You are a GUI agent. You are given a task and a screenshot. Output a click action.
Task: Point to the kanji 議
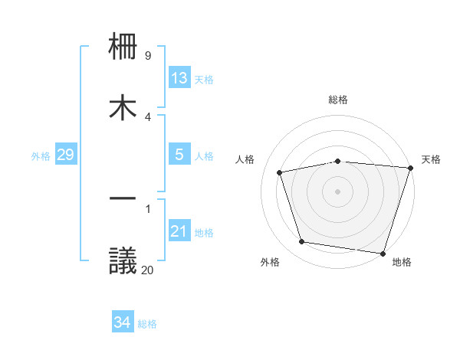(123, 260)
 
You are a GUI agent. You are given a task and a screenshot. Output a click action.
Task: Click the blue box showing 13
(179, 78)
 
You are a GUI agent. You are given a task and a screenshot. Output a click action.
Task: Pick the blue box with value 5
(179, 155)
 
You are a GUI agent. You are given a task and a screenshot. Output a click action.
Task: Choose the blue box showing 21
(179, 231)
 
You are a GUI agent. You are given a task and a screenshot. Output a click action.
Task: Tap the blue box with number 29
(65, 155)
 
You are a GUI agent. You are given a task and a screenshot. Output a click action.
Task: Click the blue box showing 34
(123, 322)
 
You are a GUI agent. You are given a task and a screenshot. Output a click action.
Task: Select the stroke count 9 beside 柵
(148, 56)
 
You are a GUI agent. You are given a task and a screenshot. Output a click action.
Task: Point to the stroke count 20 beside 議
(147, 270)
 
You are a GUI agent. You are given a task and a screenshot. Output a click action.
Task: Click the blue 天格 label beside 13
(204, 80)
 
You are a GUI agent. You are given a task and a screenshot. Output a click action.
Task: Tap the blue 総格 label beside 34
(147, 324)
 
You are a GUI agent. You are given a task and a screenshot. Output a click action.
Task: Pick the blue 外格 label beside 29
(41, 156)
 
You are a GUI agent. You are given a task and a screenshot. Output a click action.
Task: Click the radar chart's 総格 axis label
(338, 100)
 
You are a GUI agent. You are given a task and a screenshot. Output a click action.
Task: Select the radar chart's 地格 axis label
(402, 262)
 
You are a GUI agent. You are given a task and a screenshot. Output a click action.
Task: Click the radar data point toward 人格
(280, 172)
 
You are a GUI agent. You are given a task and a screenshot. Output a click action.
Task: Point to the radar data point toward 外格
(302, 242)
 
